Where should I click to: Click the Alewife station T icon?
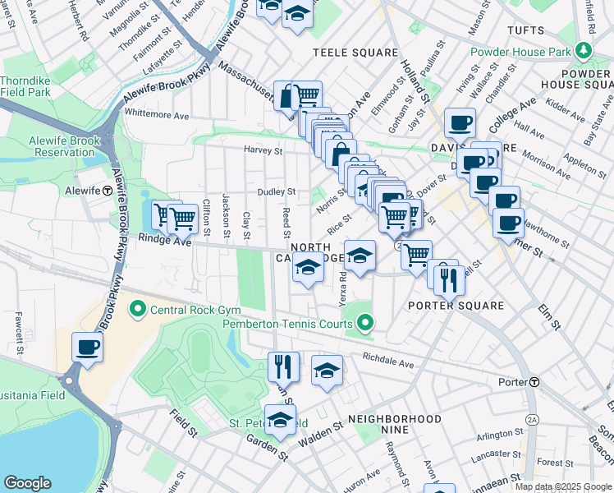click(107, 191)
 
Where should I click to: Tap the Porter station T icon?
click(534, 382)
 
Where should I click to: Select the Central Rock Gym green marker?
click(137, 310)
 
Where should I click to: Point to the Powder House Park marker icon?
click(583, 51)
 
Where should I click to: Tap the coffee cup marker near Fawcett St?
click(87, 346)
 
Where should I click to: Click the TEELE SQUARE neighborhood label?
click(355, 53)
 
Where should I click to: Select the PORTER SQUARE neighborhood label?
click(456, 306)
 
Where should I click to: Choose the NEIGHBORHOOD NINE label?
click(394, 419)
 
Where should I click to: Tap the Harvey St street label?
click(263, 150)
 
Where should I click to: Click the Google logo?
click(27, 483)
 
